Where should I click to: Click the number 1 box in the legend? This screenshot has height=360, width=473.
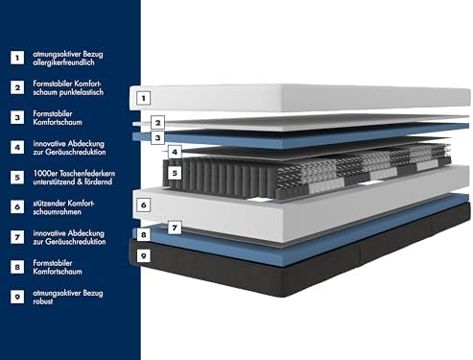point(17,58)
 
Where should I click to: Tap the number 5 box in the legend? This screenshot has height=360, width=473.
point(17,178)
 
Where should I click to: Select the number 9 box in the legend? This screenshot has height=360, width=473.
point(17,297)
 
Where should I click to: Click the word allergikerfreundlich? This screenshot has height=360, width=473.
point(63,62)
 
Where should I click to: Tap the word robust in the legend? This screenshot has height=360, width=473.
point(43,301)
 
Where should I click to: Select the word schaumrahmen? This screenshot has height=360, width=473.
point(58,212)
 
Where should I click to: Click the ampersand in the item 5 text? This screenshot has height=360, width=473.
point(80,181)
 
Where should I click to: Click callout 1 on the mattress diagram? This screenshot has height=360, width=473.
point(143,98)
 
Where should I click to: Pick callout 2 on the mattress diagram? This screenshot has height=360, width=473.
point(157,123)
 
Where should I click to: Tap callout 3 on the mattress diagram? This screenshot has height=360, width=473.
point(157,138)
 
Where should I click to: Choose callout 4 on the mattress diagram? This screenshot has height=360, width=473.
point(175,152)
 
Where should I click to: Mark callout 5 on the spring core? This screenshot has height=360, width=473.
point(175,173)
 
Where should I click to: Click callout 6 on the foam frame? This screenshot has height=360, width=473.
point(143,204)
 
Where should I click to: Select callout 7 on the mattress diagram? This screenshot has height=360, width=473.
point(175,228)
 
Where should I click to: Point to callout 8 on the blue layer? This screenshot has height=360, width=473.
point(143,235)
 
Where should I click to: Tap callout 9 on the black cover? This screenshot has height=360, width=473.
point(143,255)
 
